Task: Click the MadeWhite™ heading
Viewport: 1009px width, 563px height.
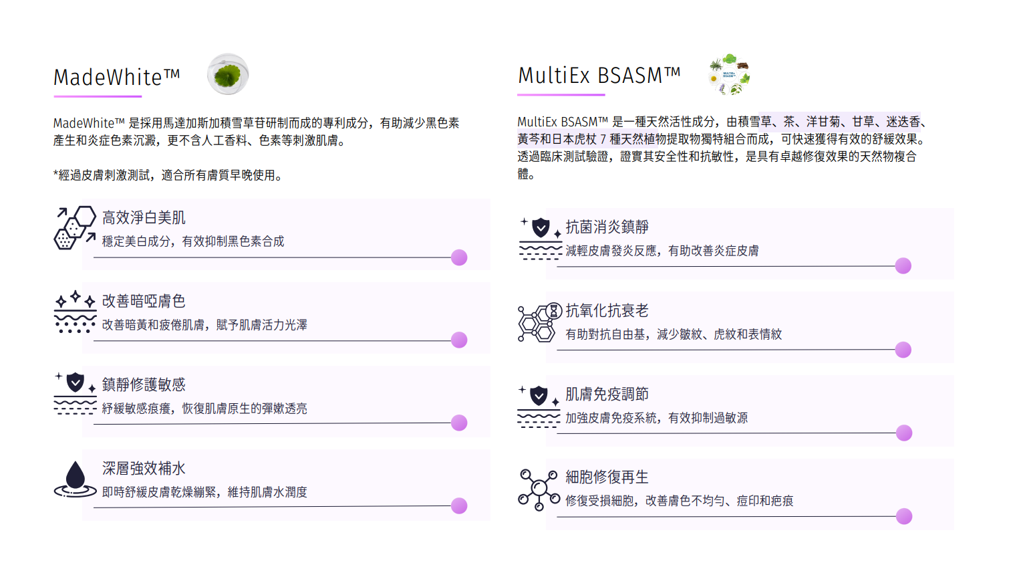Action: (116, 78)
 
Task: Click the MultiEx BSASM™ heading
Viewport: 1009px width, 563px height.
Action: (599, 76)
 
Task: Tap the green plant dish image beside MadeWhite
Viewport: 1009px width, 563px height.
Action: (228, 74)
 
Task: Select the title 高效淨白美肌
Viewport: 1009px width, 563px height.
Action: (144, 218)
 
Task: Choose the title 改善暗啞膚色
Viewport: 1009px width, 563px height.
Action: (144, 302)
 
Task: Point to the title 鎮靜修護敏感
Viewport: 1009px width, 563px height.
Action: (144, 385)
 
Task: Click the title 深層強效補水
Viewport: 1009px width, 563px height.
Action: (144, 469)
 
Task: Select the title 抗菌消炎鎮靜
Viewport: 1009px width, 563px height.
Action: (607, 227)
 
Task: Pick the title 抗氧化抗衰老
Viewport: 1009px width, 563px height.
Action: (607, 311)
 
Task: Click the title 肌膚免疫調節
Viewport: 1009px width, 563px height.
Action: (607, 395)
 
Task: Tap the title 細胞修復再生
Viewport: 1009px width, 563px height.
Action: (607, 477)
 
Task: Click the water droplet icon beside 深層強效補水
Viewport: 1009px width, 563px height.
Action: (75, 479)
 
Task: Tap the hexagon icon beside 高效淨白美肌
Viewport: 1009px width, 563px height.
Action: (75, 227)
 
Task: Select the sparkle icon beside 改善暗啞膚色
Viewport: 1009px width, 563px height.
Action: (75, 312)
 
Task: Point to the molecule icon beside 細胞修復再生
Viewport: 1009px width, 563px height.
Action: (539, 489)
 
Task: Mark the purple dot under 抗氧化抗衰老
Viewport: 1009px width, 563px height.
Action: (903, 350)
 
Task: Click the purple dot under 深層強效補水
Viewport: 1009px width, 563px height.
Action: (459, 506)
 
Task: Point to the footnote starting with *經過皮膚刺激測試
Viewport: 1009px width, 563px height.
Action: (170, 176)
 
